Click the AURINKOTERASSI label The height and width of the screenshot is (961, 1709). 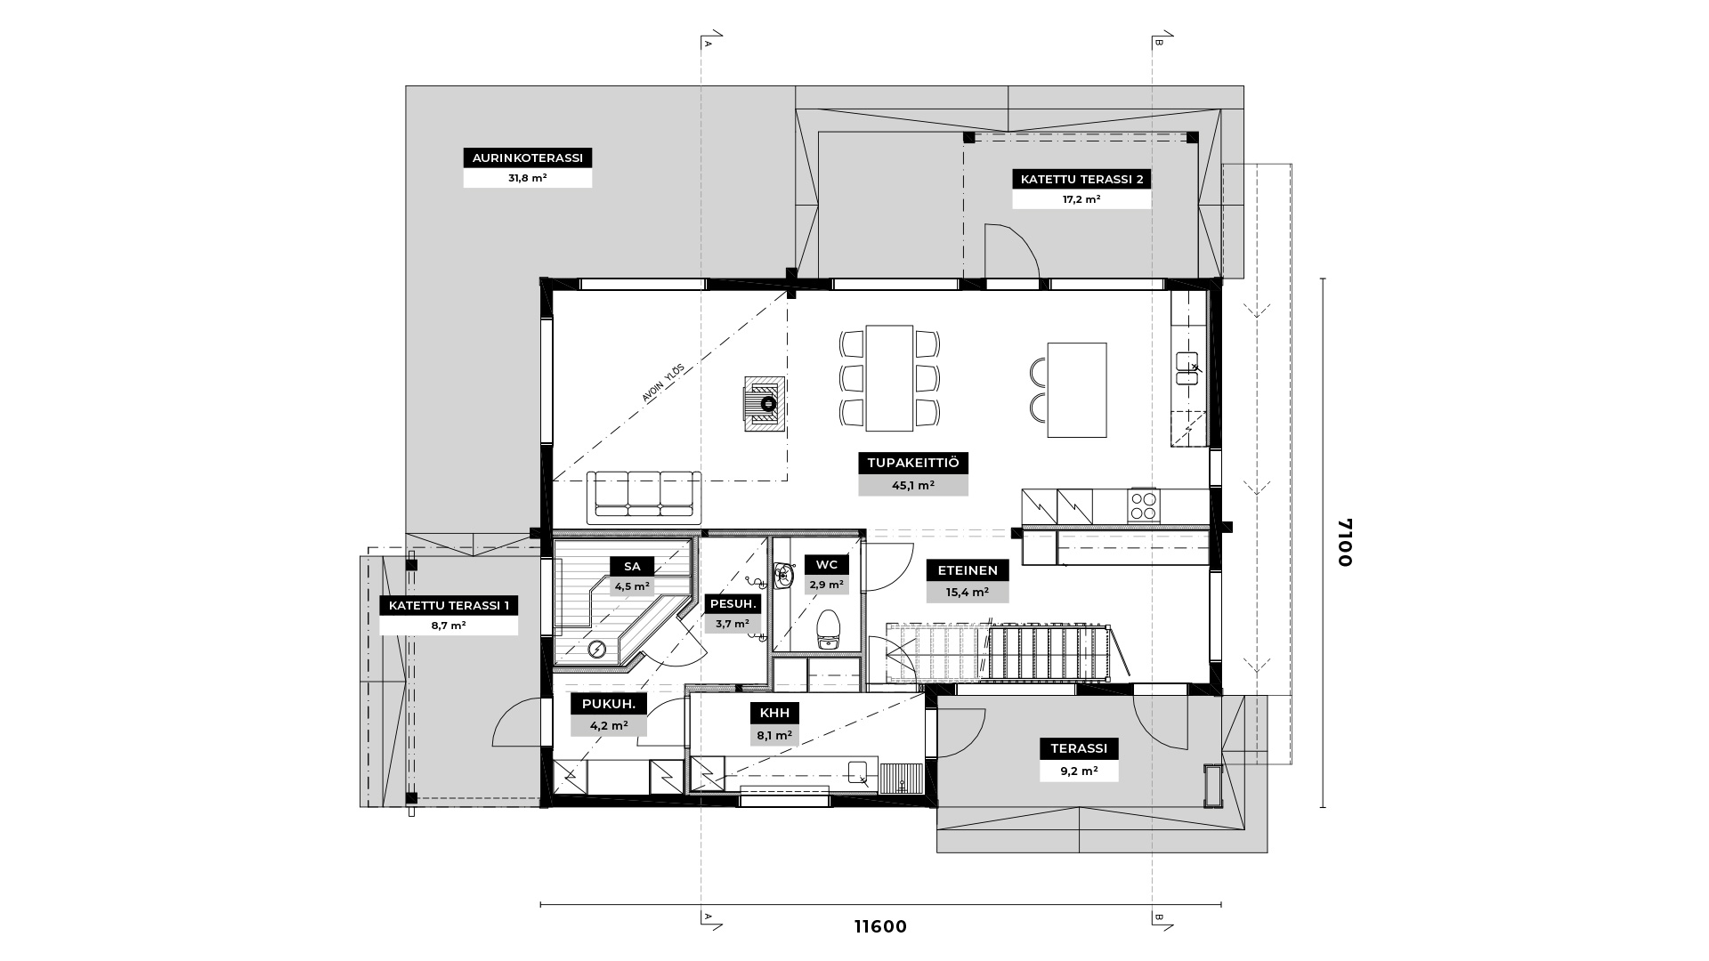click(528, 158)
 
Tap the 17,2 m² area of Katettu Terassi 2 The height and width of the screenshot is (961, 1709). click(1081, 199)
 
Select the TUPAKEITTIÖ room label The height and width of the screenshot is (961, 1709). click(913, 464)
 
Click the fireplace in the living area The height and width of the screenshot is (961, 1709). click(765, 403)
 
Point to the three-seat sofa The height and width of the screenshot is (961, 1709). click(644, 497)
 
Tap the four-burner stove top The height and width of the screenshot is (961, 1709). click(1144, 505)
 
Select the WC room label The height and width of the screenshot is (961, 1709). click(826, 565)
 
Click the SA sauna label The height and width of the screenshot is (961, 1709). click(632, 566)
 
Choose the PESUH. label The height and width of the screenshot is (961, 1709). click(733, 604)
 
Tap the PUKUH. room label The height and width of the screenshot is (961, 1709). click(609, 705)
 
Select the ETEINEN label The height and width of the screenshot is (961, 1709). click(968, 570)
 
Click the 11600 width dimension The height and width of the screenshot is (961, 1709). click(880, 926)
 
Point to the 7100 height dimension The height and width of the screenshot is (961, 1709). click(1343, 542)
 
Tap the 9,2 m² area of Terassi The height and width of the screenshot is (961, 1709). click(1079, 771)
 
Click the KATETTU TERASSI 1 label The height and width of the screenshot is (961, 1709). click(449, 606)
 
